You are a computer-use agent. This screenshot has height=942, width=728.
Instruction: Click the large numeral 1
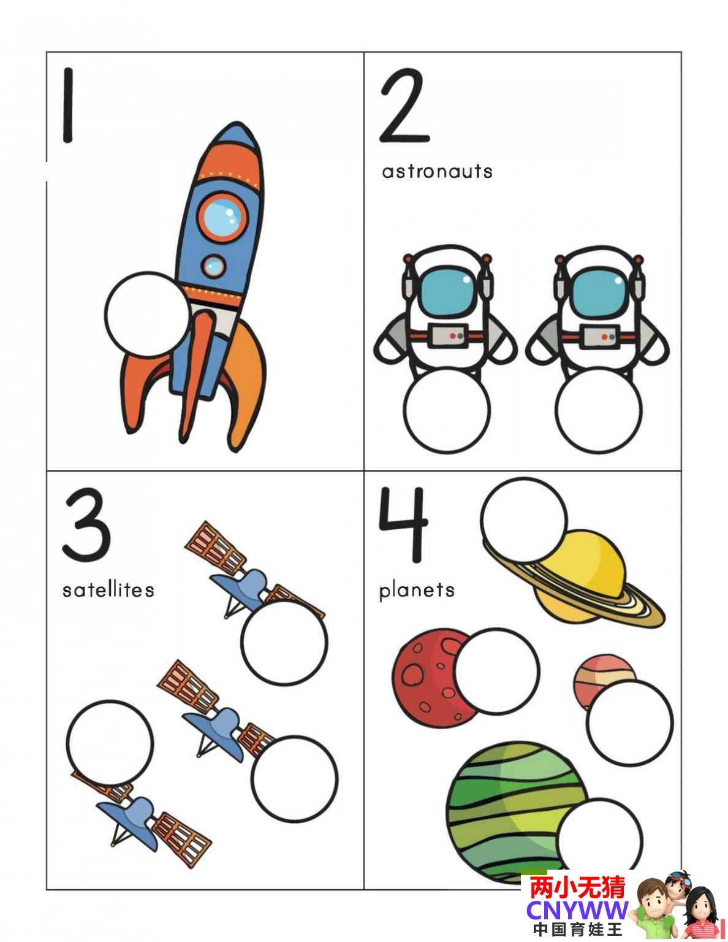click(67, 105)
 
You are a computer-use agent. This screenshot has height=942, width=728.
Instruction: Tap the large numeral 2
click(404, 105)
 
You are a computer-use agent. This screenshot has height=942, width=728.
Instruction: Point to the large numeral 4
click(404, 524)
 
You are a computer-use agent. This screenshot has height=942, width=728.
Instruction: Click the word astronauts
click(437, 172)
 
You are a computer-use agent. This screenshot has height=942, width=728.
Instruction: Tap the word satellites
click(108, 589)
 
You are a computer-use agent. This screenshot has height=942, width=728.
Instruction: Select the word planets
click(417, 591)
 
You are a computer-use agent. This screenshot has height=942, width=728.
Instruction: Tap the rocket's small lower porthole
click(214, 266)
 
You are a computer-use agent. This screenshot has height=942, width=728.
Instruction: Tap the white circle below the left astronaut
click(447, 410)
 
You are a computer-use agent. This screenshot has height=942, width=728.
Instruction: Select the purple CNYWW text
click(577, 909)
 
